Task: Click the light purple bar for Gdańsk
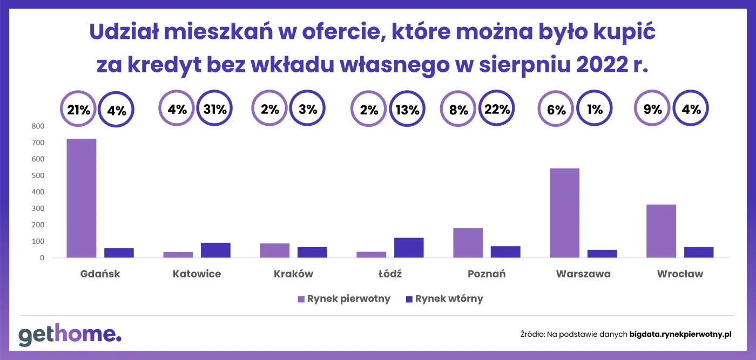pos(81,198)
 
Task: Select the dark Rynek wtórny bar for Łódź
pos(409,248)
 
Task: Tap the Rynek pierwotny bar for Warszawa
pos(564,213)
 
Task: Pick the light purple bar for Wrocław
pos(661,231)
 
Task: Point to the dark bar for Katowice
pos(215,250)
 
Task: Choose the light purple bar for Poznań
pos(468,243)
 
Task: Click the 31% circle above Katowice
pos(214,109)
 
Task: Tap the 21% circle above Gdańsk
pos(78,109)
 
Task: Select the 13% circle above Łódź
pos(407,109)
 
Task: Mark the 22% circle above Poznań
pos(497,109)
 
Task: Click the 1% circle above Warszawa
pos(595,109)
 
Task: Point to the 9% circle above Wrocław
pos(652,109)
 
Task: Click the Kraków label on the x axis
pos(293,274)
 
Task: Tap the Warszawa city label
pos(583,274)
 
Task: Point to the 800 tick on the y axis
pos(38,126)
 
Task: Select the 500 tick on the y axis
pos(38,175)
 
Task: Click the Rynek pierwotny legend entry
pos(343,299)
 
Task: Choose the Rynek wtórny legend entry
pos(444,299)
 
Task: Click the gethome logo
pos(70,335)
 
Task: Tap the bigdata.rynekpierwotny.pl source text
pos(680,335)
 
